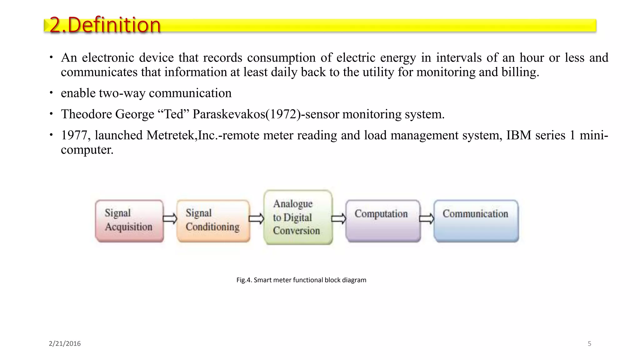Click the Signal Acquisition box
pos(129,221)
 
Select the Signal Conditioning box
pos(213,221)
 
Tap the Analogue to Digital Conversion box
pos(298,217)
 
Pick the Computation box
pos(383,221)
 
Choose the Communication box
pos(476,221)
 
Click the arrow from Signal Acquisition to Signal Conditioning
pos(170,218)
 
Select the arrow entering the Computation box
pos(339,218)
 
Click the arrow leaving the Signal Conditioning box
pos(257,218)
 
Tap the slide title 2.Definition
pos(105,25)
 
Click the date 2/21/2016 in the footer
pos(65,343)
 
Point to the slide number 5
pos(589,343)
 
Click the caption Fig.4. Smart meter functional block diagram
pos(301,280)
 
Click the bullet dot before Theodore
pos(51,114)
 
